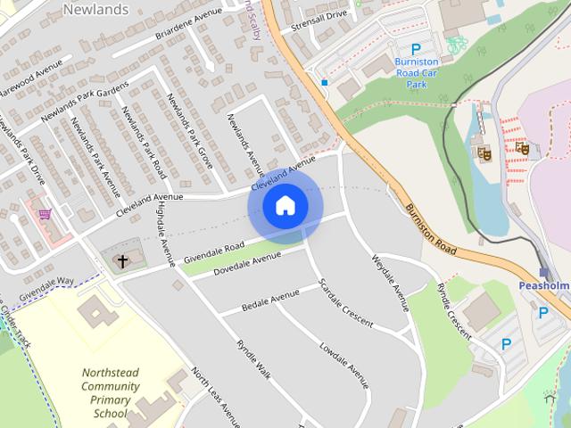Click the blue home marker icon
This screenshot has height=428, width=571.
285,206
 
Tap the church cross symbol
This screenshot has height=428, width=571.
122,261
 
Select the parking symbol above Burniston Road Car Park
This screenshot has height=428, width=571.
415,50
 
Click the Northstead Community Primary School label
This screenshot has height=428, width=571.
110,393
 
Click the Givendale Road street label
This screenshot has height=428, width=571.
213,251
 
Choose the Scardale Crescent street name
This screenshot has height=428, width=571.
346,303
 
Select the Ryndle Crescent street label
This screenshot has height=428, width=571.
454,310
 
